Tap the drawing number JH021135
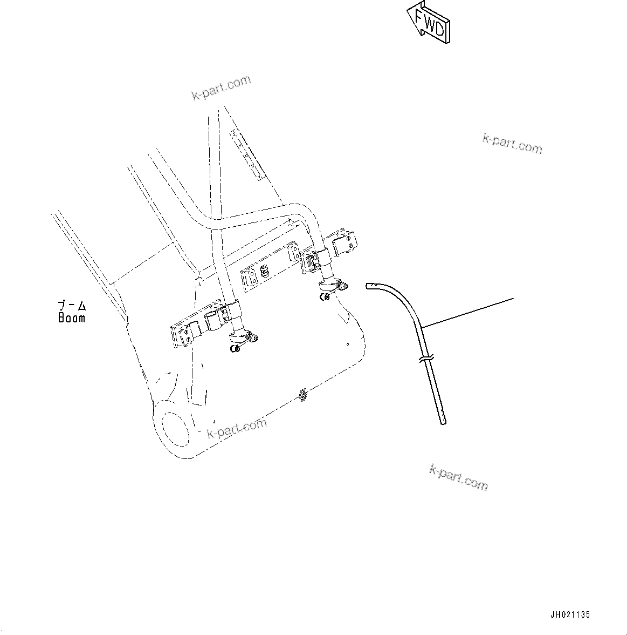point(570,615)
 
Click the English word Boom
point(72,318)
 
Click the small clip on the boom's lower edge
point(303,395)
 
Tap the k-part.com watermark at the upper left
point(222,88)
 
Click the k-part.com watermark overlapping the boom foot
point(237,429)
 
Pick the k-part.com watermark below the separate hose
point(458,477)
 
